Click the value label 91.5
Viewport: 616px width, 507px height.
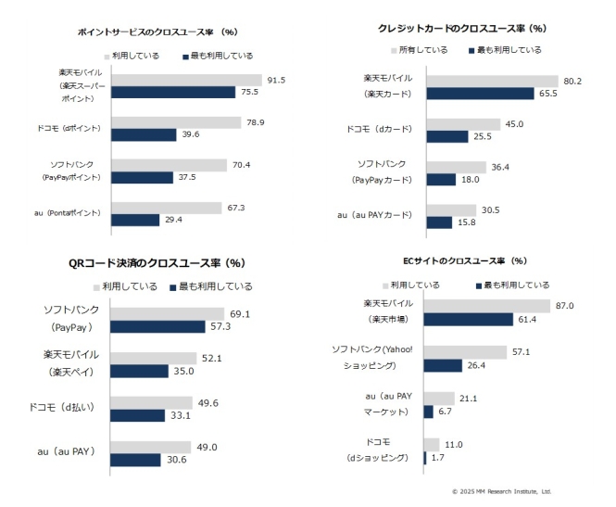(x=275, y=80)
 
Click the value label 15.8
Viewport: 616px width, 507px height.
(x=467, y=222)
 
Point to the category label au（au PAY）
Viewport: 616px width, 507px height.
(x=71, y=452)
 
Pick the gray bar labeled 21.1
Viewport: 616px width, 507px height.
(x=438, y=399)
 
